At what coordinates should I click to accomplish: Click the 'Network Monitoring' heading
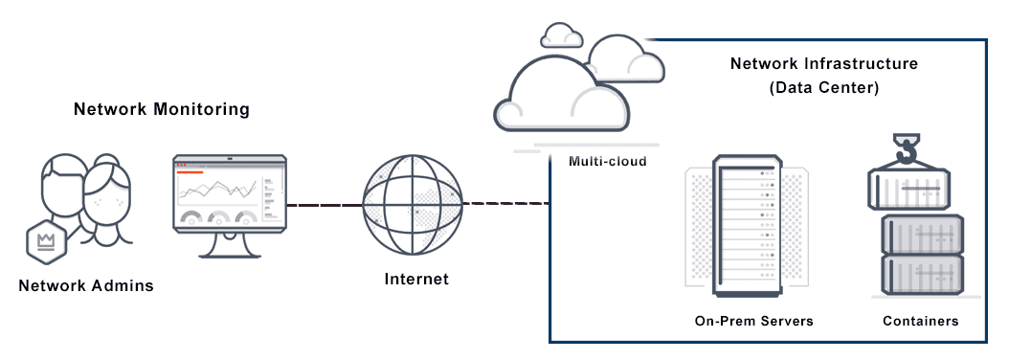[x=161, y=109]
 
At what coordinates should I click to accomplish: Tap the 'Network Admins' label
[x=86, y=285]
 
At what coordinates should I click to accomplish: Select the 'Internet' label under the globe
[x=415, y=280]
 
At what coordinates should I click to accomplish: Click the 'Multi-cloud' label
[x=607, y=161]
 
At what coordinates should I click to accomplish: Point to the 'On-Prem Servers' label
[x=753, y=322]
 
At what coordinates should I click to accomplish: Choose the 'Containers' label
[x=920, y=322]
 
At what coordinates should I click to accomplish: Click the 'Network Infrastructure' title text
[x=823, y=64]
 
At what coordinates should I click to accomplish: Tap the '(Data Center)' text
[x=823, y=86]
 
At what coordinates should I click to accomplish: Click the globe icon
[x=413, y=204]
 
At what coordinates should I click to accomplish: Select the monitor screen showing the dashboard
[x=229, y=192]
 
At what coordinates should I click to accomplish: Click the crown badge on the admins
[x=44, y=240]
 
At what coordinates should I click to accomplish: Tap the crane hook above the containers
[x=907, y=150]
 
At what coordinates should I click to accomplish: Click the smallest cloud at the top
[x=561, y=35]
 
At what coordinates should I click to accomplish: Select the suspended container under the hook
[x=908, y=190]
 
